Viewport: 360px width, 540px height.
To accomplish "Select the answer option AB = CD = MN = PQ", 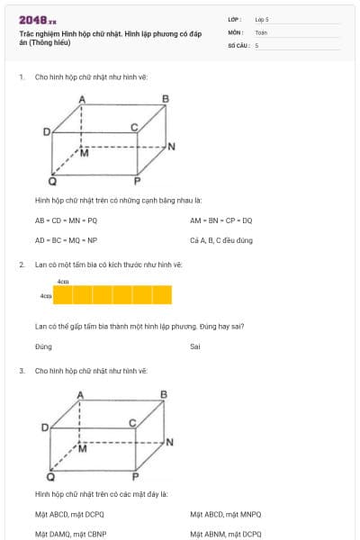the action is click(66, 220).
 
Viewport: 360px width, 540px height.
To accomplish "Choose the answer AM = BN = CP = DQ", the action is click(221, 220).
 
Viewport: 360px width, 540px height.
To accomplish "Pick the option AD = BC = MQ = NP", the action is click(66, 240).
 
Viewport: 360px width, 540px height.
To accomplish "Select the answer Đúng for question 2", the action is click(43, 346).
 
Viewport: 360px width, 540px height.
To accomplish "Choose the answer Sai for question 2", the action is click(194, 346).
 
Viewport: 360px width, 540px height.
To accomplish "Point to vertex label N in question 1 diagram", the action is click(171, 146).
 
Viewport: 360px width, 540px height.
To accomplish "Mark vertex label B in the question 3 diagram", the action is click(164, 394).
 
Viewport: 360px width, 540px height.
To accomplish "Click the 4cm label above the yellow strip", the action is click(63, 282).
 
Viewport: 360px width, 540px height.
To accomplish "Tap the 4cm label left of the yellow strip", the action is click(45, 295).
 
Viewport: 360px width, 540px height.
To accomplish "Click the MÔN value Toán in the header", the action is click(261, 31).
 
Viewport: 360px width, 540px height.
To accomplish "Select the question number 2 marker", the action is click(22, 265).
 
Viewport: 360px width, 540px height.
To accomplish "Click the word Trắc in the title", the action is click(27, 33).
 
